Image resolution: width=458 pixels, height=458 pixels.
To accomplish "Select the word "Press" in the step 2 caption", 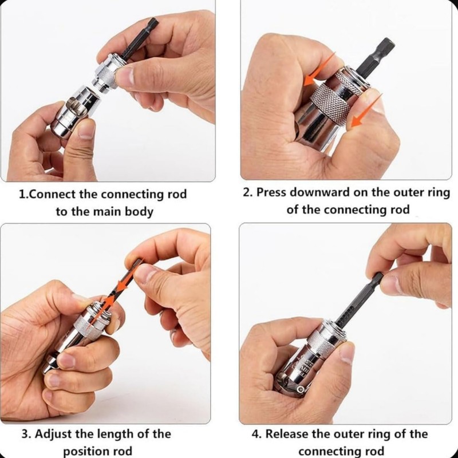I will click(273, 192).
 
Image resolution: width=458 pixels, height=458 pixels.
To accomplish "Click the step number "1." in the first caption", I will click(23, 194).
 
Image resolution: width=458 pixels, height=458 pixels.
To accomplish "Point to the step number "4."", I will click(258, 434).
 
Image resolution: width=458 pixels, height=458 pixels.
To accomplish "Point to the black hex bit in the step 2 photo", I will click(384, 52).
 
